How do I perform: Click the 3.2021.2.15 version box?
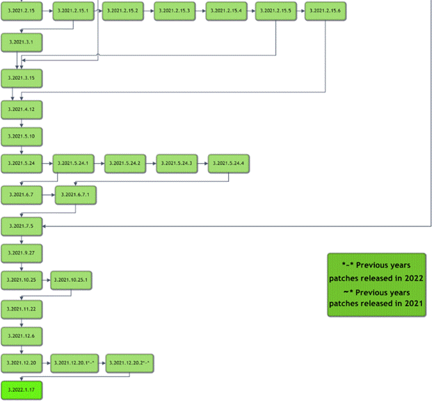click(x=22, y=12)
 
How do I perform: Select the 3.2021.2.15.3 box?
click(x=174, y=12)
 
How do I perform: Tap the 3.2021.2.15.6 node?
click(x=325, y=12)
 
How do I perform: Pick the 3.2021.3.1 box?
click(x=22, y=43)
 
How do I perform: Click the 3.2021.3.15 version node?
click(x=22, y=78)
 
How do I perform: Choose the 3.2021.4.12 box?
click(x=22, y=110)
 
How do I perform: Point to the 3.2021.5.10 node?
click(x=22, y=135)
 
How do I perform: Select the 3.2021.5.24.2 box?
click(x=125, y=163)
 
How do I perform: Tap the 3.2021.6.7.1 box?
click(x=76, y=196)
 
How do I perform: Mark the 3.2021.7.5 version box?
click(x=22, y=226)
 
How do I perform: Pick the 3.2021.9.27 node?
click(x=22, y=253)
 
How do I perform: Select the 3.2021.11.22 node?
click(x=22, y=308)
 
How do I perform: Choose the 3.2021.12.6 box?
click(x=22, y=335)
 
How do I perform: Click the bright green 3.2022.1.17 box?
click(x=22, y=390)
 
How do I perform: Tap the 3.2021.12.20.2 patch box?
click(x=129, y=362)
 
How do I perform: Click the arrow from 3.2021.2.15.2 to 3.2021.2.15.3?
click(x=148, y=12)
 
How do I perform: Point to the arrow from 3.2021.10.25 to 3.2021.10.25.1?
click(x=47, y=280)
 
